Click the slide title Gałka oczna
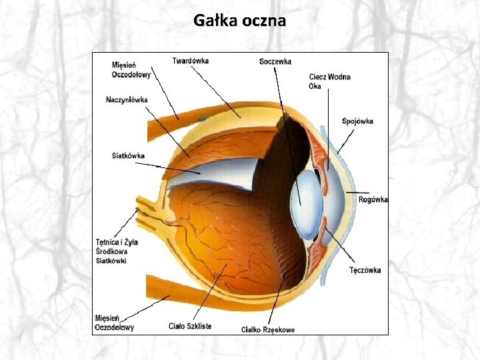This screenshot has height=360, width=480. click(x=240, y=21)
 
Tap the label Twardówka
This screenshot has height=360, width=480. click(x=190, y=61)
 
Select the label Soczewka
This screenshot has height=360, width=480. click(x=275, y=62)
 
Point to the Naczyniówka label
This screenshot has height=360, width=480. click(x=127, y=100)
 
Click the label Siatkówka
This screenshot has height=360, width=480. click(x=128, y=156)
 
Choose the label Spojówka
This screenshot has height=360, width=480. click(x=357, y=121)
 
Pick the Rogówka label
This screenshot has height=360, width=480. click(x=373, y=199)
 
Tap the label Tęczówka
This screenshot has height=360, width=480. click(x=365, y=270)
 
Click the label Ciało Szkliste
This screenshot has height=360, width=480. click(x=190, y=326)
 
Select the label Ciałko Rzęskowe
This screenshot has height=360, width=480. click(x=267, y=329)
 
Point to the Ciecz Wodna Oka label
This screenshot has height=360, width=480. click(x=329, y=81)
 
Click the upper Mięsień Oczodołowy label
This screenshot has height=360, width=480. click(x=131, y=69)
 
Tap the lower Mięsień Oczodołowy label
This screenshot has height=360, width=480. click(x=114, y=323)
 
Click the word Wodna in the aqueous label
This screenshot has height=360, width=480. click(x=339, y=77)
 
